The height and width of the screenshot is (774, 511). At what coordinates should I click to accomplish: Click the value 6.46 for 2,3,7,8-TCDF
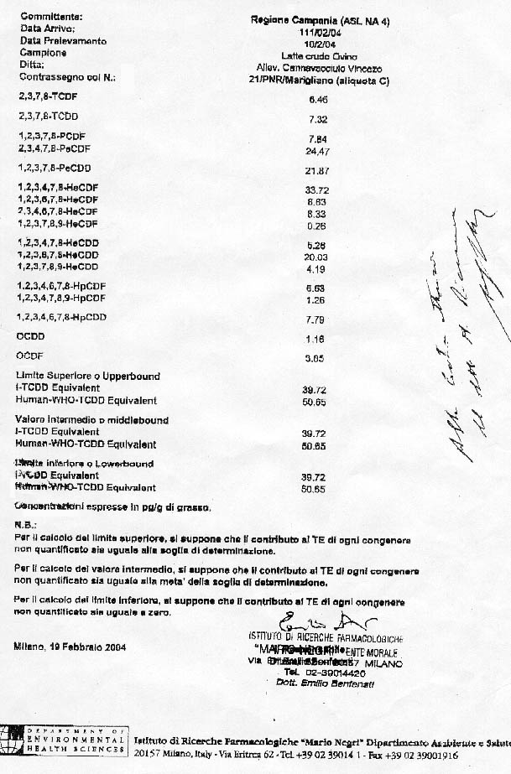[316, 98]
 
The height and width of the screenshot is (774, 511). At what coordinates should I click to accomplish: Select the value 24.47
[316, 152]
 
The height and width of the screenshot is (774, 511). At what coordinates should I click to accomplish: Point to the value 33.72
[316, 190]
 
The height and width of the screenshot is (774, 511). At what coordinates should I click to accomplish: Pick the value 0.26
[316, 225]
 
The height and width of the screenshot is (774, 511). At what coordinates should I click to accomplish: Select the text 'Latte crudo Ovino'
[316, 55]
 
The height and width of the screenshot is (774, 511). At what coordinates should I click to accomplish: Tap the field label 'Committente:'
[50, 16]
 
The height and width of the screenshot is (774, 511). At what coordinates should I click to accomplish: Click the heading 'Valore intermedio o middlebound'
[92, 419]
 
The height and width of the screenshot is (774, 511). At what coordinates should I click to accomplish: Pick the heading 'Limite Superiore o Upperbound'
[88, 377]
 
